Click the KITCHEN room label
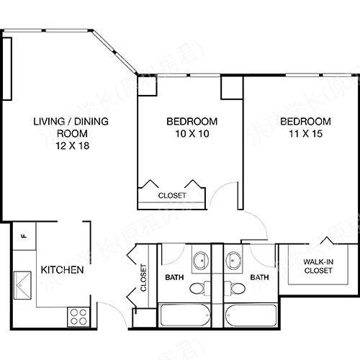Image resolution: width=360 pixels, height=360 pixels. click(x=62, y=271)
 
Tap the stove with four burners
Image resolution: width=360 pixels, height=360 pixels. click(x=77, y=315)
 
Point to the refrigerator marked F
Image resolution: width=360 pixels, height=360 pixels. click(x=23, y=235)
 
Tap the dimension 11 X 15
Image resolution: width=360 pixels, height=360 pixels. click(x=305, y=133)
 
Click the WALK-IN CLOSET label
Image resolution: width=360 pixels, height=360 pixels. click(x=318, y=266)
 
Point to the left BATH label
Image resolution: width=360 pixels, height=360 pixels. click(x=174, y=276)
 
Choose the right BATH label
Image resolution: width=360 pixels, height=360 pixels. click(x=259, y=276)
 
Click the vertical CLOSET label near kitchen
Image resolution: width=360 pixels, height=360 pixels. click(x=143, y=277)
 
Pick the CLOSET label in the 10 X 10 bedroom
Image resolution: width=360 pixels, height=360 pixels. click(x=172, y=195)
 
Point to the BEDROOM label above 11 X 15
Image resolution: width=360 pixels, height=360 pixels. click(x=305, y=121)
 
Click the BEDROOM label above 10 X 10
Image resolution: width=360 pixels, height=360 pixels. click(x=191, y=121)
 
